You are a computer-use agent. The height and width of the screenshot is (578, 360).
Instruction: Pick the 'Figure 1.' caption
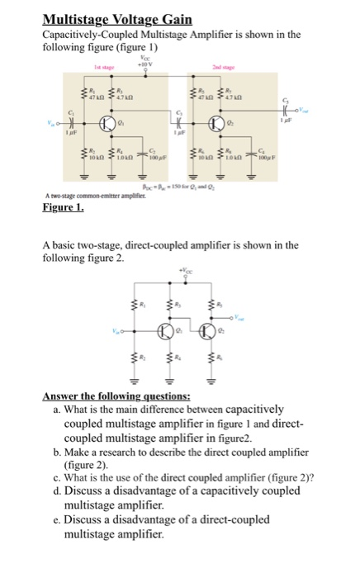[x=63, y=209]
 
